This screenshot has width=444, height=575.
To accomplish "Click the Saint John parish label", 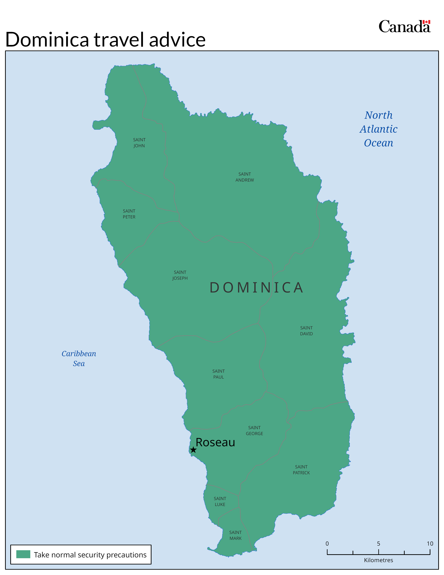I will [x=139, y=143].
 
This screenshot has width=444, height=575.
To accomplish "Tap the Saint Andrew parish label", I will [x=245, y=177].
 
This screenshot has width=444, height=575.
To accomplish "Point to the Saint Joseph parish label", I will [x=180, y=275].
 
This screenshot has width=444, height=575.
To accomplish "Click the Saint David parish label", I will [x=306, y=331].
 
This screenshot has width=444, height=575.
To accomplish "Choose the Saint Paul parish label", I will [x=219, y=374].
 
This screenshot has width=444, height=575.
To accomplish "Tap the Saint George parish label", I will [x=254, y=430].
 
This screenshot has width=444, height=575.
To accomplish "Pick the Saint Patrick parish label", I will [x=301, y=470].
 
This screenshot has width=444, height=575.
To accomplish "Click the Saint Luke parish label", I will [x=220, y=501].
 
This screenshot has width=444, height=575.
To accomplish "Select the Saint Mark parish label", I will [x=235, y=535].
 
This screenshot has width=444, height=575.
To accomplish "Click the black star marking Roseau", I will [x=193, y=450].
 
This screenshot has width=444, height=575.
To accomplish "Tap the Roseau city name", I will [x=215, y=442].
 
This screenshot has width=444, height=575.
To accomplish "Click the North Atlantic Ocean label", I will [x=379, y=129].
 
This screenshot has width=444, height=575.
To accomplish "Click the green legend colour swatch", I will [x=23, y=554].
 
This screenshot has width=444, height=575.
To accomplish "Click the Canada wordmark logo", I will [x=404, y=27].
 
